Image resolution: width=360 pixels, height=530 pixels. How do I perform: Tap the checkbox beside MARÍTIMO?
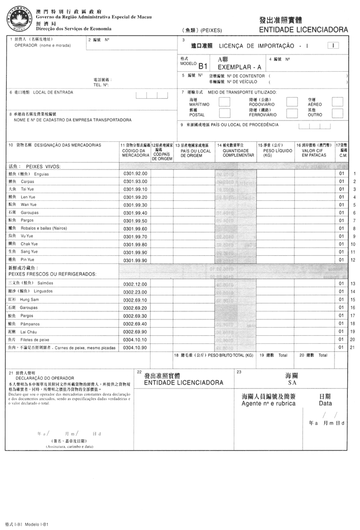pos(224,102)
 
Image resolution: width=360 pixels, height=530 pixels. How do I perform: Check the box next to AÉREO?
pos(338,102)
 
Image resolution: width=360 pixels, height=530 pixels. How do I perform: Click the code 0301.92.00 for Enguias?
pos(135,174)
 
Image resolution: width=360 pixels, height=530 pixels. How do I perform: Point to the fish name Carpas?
pos(27,182)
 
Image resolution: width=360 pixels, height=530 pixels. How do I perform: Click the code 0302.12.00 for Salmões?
pos(135,284)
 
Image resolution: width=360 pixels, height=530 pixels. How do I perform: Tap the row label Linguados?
pos(34,291)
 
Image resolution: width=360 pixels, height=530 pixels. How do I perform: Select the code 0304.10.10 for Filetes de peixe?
pos(135,339)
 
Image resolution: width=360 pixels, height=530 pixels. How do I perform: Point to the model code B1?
pos(203,66)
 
